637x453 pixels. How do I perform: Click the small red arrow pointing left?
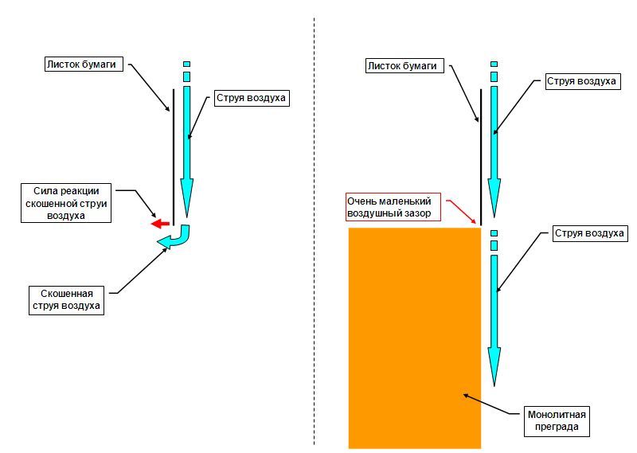pyautogui.click(x=160, y=224)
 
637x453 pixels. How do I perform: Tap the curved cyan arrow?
pyautogui.click(x=177, y=237)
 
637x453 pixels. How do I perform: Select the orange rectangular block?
pyautogui.click(x=414, y=334)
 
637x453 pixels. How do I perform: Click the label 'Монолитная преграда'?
pyautogui.click(x=557, y=421)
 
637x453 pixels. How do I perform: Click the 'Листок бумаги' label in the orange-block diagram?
pyautogui.click(x=402, y=66)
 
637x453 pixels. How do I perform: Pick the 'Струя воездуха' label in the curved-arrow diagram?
pyautogui.click(x=249, y=99)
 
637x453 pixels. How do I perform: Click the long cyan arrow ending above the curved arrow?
pyautogui.click(x=187, y=151)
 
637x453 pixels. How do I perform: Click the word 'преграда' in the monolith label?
pyautogui.click(x=557, y=428)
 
